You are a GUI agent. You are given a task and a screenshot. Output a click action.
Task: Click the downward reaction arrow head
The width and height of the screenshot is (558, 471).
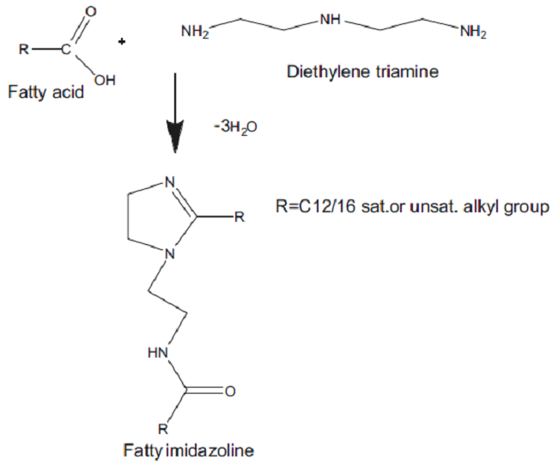pos(175,138)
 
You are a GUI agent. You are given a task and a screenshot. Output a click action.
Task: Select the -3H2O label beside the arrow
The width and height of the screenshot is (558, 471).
pos(232,126)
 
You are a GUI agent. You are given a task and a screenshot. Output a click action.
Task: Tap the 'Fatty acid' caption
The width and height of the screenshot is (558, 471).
pos(45,90)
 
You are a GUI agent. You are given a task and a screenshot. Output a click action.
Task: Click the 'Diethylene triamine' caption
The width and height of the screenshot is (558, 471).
pos(361,71)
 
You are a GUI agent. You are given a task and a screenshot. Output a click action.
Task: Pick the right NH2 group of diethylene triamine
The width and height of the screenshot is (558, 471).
pos(473,34)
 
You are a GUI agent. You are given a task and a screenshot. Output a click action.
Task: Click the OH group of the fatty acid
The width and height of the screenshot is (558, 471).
pos(105,80)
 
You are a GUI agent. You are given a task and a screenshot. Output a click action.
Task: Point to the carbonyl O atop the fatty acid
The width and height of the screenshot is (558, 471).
pos(91,11)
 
